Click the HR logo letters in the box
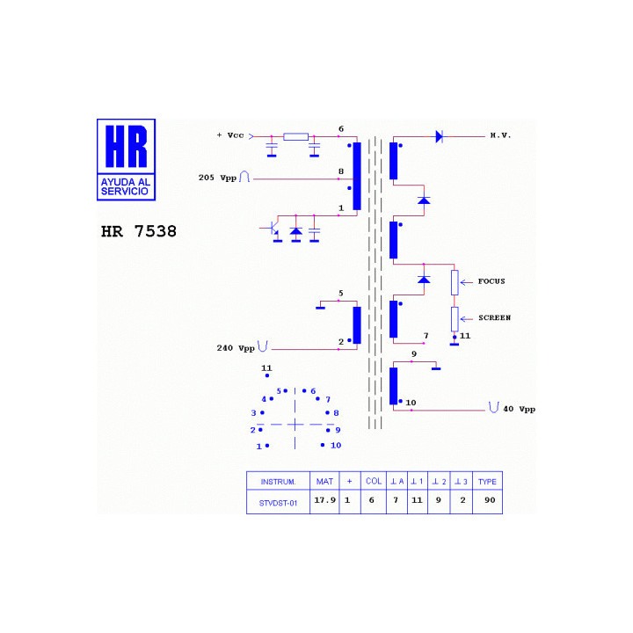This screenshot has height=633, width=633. (x=127, y=146)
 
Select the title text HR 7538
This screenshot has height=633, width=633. (x=139, y=231)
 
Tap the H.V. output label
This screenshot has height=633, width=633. (x=500, y=135)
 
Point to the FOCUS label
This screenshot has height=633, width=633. (x=491, y=281)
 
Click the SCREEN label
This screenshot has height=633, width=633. (x=494, y=317)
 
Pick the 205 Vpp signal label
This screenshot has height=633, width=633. (x=217, y=178)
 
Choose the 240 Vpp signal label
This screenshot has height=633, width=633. (x=236, y=348)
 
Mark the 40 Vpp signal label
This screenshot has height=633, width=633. (x=520, y=409)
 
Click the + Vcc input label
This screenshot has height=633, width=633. (x=230, y=135)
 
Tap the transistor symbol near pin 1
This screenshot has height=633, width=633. (x=272, y=228)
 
